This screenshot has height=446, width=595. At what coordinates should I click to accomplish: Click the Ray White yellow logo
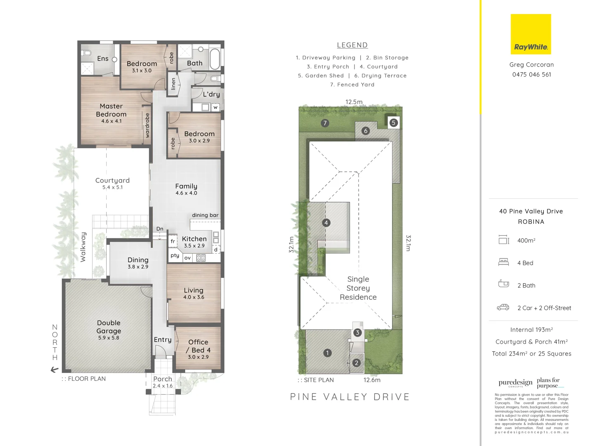(531, 34)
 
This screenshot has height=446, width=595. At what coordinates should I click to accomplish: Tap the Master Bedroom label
(111, 111)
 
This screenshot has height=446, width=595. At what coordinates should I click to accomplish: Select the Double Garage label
(109, 327)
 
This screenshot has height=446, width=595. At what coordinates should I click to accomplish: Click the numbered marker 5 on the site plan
(393, 123)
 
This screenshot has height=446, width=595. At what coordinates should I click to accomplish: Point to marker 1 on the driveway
(327, 353)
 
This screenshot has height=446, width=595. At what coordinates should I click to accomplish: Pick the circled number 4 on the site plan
(326, 223)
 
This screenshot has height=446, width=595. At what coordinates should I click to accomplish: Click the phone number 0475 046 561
(531, 75)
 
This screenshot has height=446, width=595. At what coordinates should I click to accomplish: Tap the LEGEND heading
(352, 45)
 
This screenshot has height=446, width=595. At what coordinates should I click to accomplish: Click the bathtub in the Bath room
(214, 59)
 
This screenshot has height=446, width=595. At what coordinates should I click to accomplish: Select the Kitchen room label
(194, 239)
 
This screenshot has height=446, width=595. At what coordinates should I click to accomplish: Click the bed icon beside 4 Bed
(503, 262)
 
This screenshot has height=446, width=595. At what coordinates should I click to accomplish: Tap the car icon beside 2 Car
(503, 307)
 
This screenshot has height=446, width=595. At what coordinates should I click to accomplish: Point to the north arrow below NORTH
(55, 370)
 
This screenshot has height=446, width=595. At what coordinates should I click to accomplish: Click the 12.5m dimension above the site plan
(354, 102)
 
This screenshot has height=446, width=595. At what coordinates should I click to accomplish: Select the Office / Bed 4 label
(198, 346)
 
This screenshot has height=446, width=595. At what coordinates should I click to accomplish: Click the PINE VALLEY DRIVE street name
(350, 397)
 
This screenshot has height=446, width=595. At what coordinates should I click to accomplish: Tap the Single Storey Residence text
(358, 288)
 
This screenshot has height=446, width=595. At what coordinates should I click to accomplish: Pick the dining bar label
(205, 215)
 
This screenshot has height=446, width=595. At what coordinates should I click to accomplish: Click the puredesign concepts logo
(515, 383)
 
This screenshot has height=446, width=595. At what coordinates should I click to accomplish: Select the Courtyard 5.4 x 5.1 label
(112, 183)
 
